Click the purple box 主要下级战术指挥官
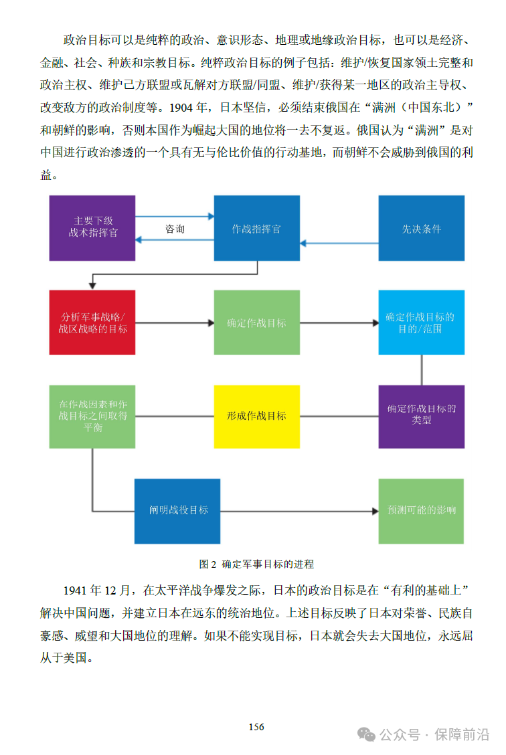(92, 227)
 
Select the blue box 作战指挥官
(256, 227)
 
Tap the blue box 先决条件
(421, 227)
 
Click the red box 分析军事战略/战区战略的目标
(92, 322)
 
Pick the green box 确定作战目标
(256, 322)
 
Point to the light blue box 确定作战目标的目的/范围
(421, 322)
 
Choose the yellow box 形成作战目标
(256, 416)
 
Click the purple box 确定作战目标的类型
(421, 416)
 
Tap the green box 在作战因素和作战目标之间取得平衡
(92, 416)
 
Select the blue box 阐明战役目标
(177, 510)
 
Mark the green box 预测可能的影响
(421, 510)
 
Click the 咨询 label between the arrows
(175, 229)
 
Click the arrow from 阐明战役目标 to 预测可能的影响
(299, 511)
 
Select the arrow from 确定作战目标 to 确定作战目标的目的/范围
(339, 323)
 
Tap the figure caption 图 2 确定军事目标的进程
(256, 564)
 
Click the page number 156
(256, 727)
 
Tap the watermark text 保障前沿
(462, 734)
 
